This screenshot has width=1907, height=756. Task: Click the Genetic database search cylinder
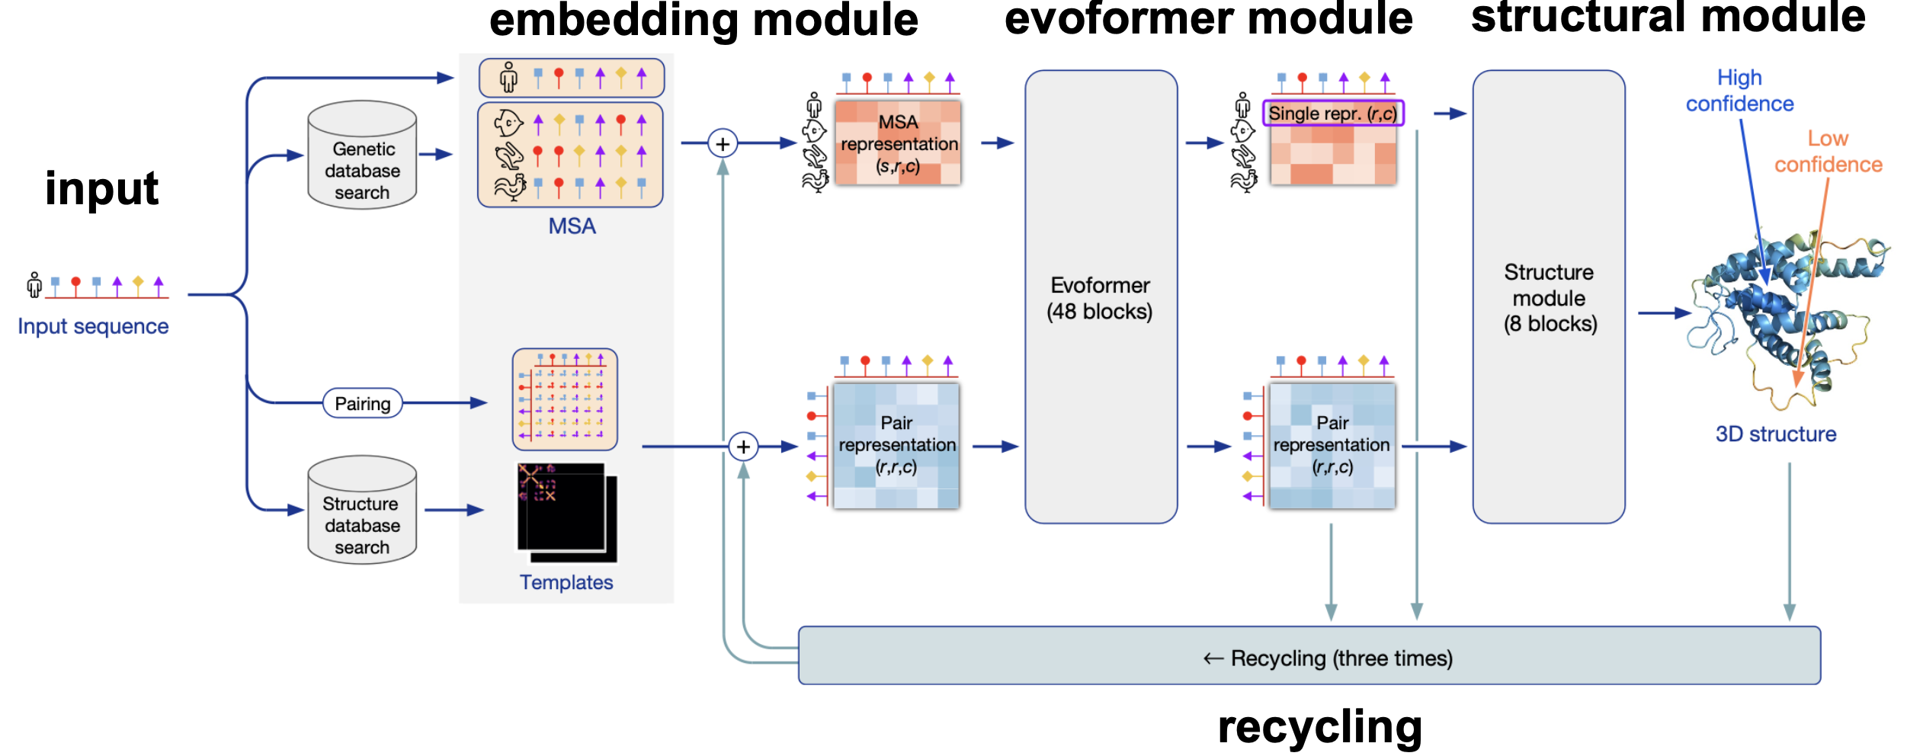(362, 155)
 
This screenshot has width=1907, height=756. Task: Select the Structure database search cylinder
(362, 511)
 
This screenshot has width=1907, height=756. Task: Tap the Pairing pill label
(363, 403)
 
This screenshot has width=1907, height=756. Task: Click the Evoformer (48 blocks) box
(1101, 297)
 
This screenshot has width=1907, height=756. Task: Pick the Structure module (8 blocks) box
(1549, 297)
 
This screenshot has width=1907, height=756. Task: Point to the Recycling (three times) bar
(1309, 656)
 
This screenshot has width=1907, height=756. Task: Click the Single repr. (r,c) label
(1332, 114)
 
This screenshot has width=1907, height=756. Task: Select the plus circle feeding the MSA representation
(723, 143)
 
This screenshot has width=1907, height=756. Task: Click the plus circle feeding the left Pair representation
(743, 447)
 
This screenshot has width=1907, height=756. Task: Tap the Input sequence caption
(93, 326)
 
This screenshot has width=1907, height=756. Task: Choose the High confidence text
(1739, 91)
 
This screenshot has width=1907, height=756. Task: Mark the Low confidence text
(1828, 152)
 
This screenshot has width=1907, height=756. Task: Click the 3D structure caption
(1775, 434)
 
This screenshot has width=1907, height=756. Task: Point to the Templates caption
(566, 582)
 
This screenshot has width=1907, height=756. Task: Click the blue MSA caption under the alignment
(572, 226)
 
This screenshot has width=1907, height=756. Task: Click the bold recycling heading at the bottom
(1319, 726)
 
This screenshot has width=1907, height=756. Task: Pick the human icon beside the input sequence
(34, 285)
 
